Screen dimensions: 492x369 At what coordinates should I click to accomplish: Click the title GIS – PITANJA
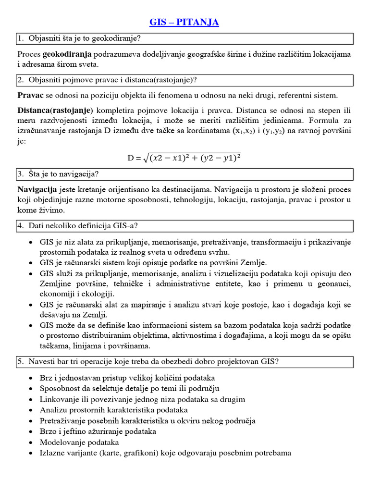184,23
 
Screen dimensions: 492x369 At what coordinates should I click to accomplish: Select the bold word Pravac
30,95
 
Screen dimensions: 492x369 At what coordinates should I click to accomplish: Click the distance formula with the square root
184,158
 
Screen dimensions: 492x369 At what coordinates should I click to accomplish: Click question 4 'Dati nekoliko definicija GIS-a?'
84,225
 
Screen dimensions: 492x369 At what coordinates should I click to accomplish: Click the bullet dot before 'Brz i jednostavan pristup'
31,378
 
